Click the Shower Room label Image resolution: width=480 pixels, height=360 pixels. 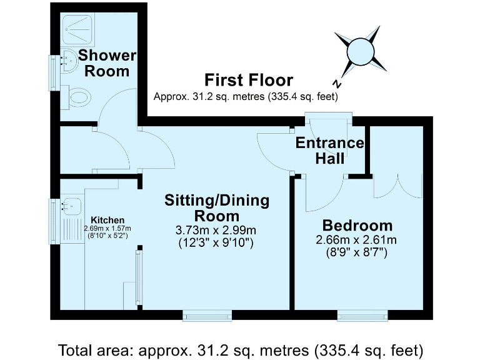[106, 62]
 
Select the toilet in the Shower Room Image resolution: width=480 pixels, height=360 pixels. [79, 97]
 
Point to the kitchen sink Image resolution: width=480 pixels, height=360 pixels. [71, 205]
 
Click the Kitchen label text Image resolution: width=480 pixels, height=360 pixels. [107, 220]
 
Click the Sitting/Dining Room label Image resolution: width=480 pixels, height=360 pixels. [216, 208]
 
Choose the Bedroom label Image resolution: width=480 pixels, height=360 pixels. [357, 226]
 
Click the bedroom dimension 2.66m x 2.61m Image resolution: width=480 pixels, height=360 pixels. [357, 240]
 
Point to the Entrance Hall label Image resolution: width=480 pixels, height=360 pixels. [329, 151]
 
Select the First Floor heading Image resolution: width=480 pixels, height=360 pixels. [248, 80]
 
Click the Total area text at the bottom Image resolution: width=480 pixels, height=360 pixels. [241, 347]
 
